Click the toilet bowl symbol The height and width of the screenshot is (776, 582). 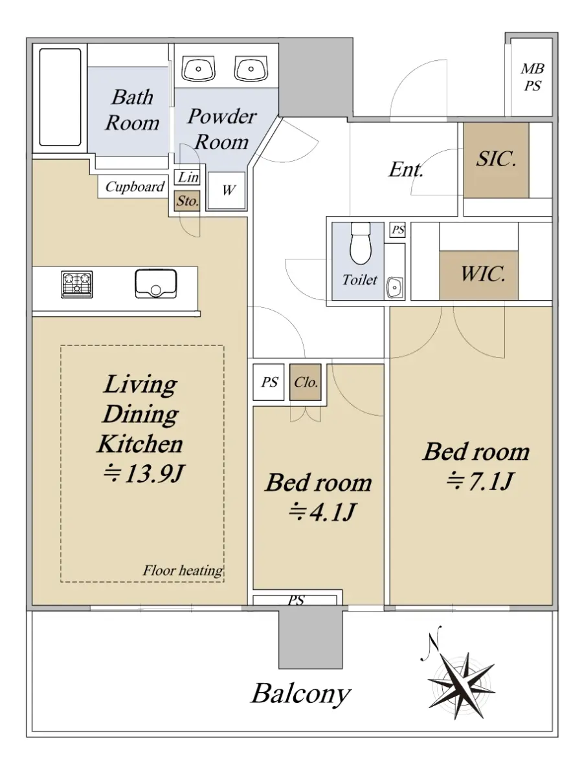361,243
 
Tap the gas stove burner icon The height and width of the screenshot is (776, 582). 77,285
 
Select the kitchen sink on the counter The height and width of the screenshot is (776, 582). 155,283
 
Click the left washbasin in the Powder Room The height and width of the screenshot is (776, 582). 199,69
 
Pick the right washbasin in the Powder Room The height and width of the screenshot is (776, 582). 251,69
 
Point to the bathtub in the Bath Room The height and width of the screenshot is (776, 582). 60,97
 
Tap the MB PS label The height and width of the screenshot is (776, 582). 532,77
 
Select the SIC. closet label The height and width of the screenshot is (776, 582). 496,158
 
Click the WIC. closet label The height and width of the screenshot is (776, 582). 483,274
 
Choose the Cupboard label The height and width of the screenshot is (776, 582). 135,186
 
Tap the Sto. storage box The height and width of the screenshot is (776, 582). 187,201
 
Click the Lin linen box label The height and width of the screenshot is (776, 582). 187,177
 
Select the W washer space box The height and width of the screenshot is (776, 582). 227,190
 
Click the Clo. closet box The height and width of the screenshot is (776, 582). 306,382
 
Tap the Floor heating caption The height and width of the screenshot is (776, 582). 183,570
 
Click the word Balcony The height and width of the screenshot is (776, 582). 301,695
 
